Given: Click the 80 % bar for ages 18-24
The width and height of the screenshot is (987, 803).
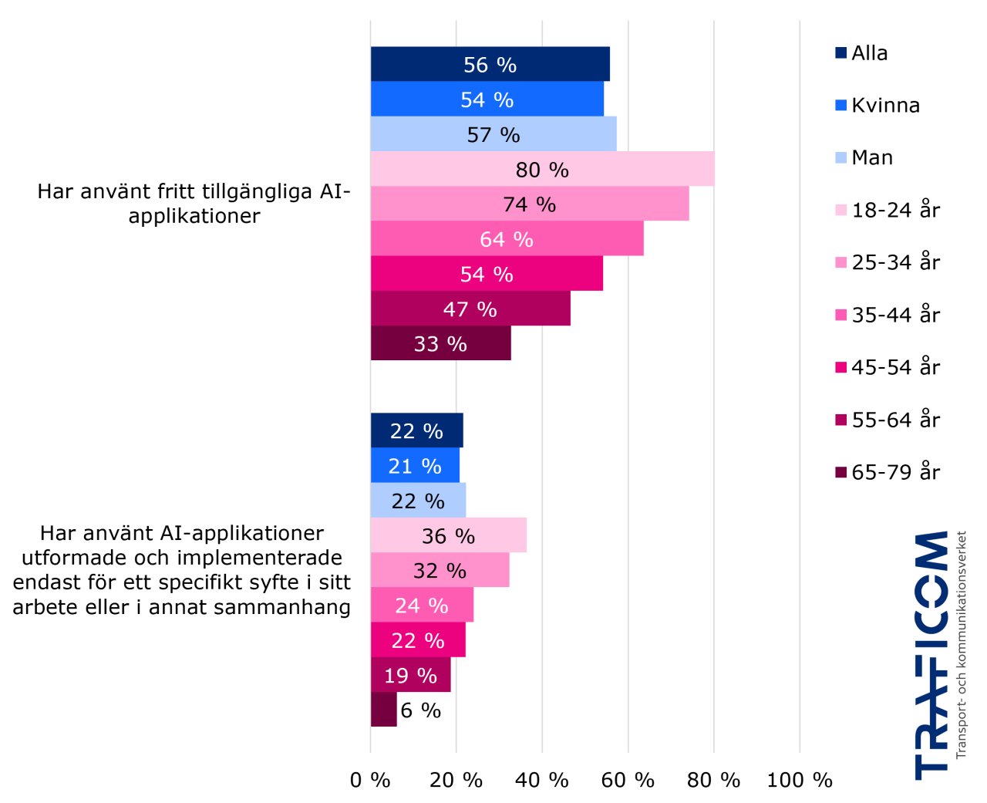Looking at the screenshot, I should [x=542, y=169].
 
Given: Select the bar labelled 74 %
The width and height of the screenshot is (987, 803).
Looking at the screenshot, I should [x=530, y=204].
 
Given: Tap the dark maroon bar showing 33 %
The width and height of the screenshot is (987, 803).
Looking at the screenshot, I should [x=440, y=343].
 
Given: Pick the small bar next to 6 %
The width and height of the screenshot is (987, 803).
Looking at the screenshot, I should [x=383, y=710].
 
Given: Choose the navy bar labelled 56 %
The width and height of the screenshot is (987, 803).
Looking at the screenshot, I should [x=490, y=64].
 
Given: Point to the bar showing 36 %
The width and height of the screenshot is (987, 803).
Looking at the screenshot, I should [x=448, y=535].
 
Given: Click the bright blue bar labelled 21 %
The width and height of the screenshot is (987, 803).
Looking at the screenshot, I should [x=415, y=466].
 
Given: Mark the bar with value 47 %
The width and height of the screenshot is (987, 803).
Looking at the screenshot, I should [x=470, y=309].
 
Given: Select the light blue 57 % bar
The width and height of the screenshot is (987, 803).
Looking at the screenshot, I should [x=493, y=134].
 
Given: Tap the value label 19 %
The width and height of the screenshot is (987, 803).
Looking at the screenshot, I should [x=410, y=676].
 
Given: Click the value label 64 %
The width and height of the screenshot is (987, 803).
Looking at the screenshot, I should [x=507, y=239].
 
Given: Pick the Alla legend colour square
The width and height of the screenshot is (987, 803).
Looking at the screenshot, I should [x=840, y=53].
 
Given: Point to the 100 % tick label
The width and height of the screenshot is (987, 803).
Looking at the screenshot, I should [x=800, y=780].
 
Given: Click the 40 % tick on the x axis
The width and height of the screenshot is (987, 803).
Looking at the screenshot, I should [x=541, y=780].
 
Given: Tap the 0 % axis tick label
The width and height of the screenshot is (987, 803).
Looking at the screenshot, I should [x=370, y=780].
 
